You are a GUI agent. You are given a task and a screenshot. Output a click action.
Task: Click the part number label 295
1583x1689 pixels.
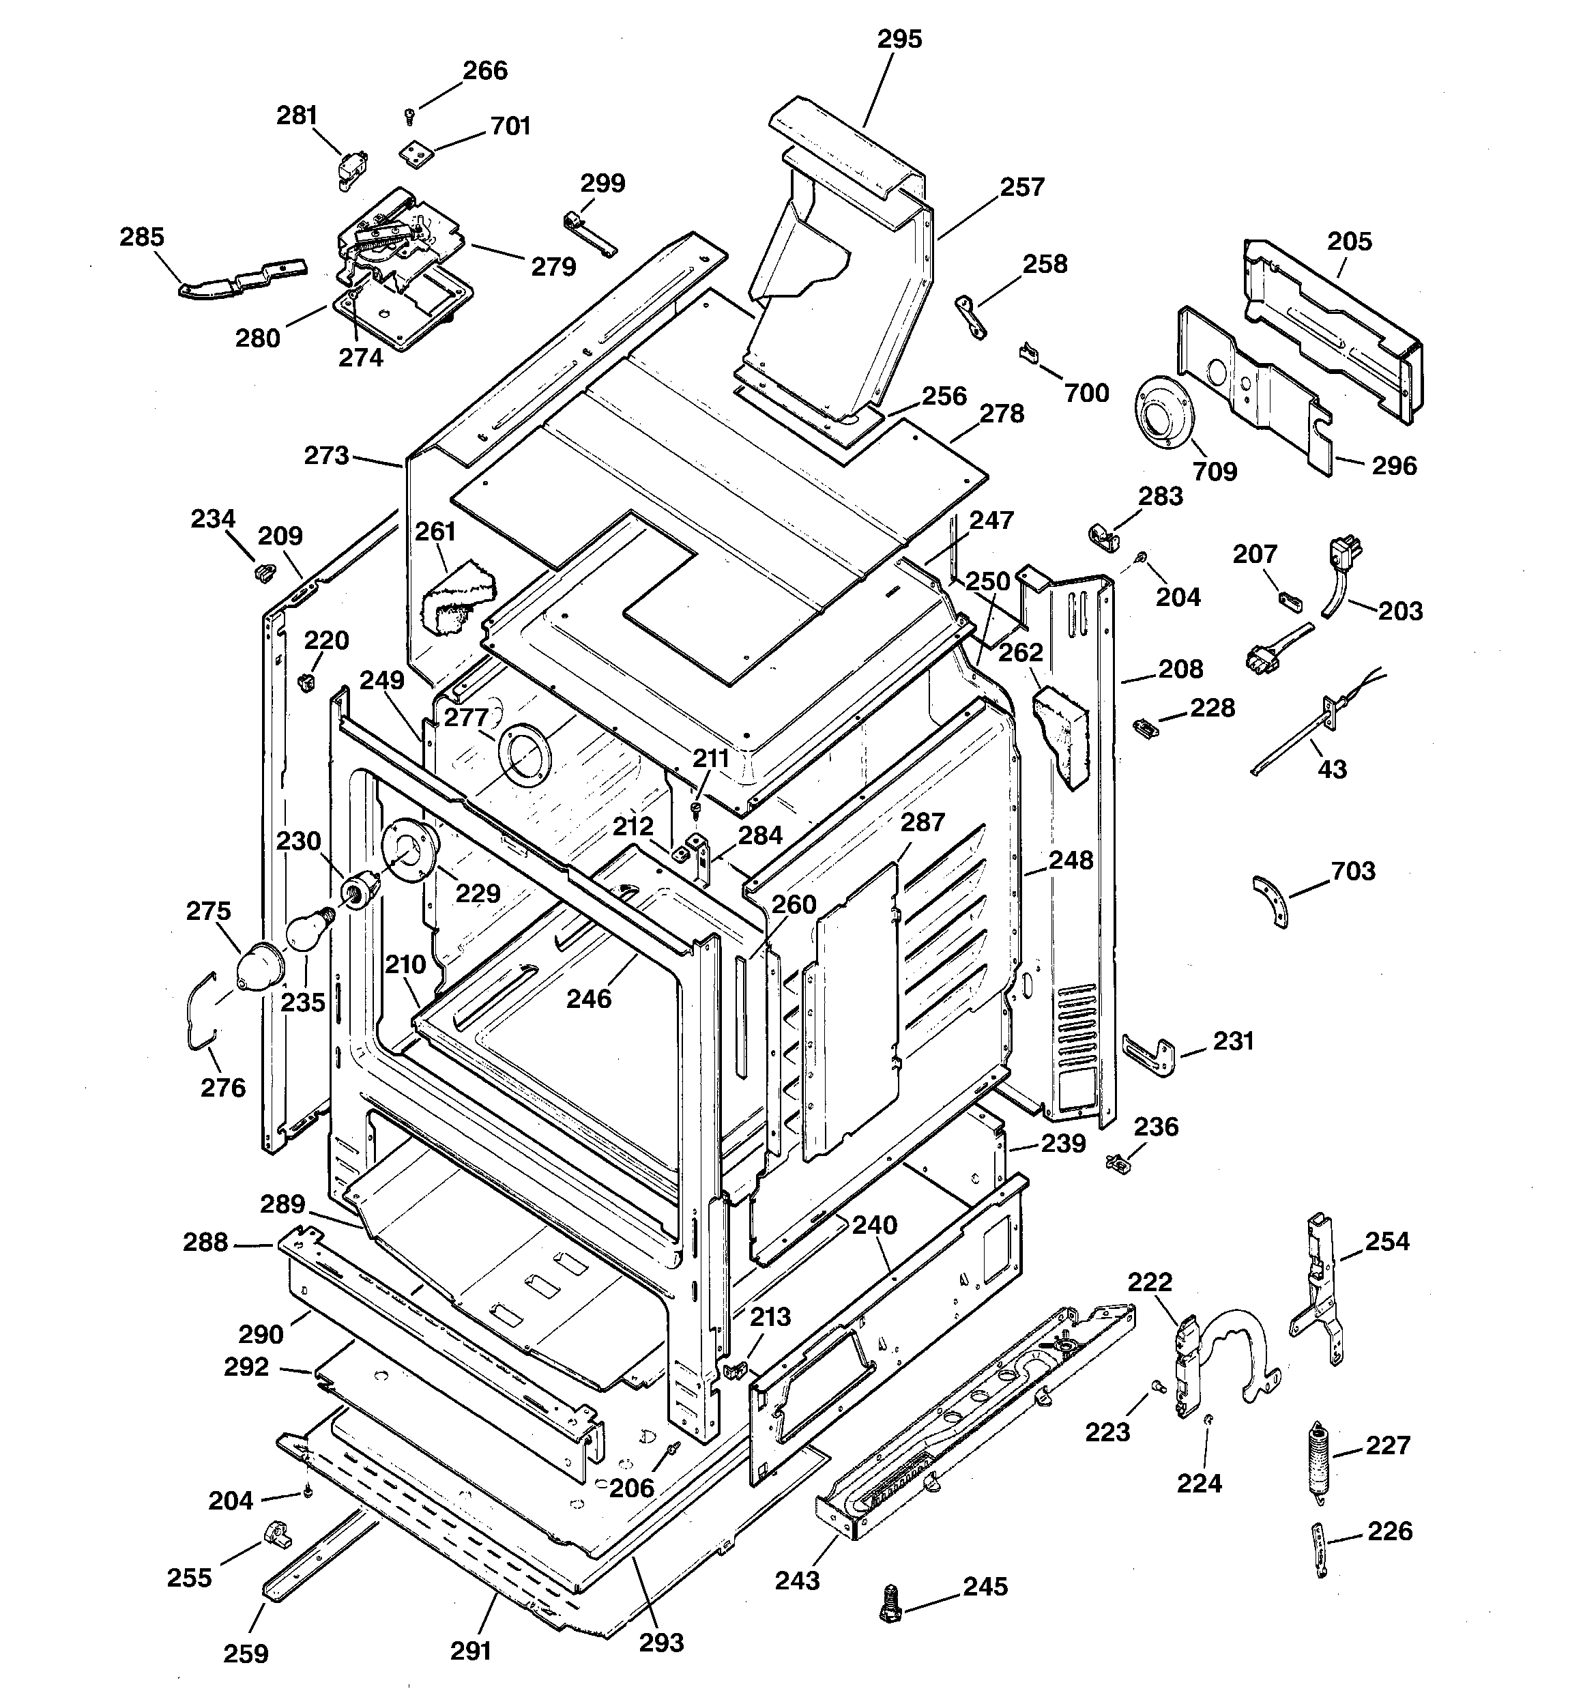pyautogui.click(x=899, y=39)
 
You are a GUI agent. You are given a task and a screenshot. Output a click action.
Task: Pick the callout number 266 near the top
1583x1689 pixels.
pyautogui.click(x=484, y=70)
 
